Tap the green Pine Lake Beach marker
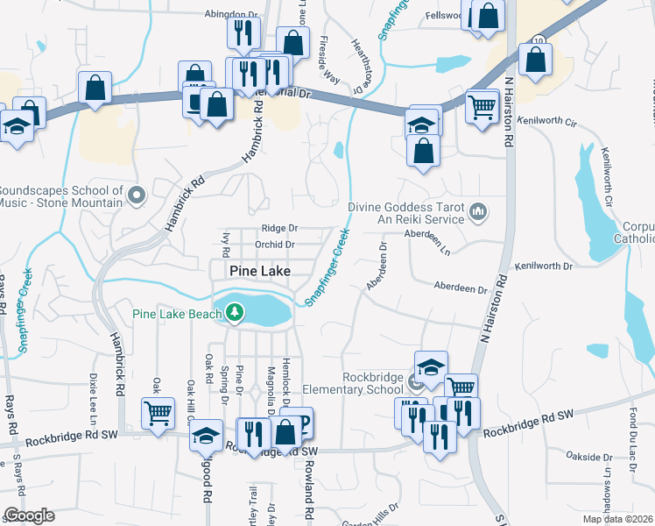pos(234,311)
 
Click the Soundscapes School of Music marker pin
pos(135,194)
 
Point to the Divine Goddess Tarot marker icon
pos(478,210)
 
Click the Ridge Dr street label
pos(280,227)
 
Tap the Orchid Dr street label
pos(274,245)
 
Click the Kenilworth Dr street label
pos(543,265)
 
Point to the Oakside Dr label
pos(589,457)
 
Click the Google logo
pos(28,515)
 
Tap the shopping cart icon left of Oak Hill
pos(158,412)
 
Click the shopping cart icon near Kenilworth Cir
pos(481,108)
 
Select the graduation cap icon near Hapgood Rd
pos(207,436)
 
